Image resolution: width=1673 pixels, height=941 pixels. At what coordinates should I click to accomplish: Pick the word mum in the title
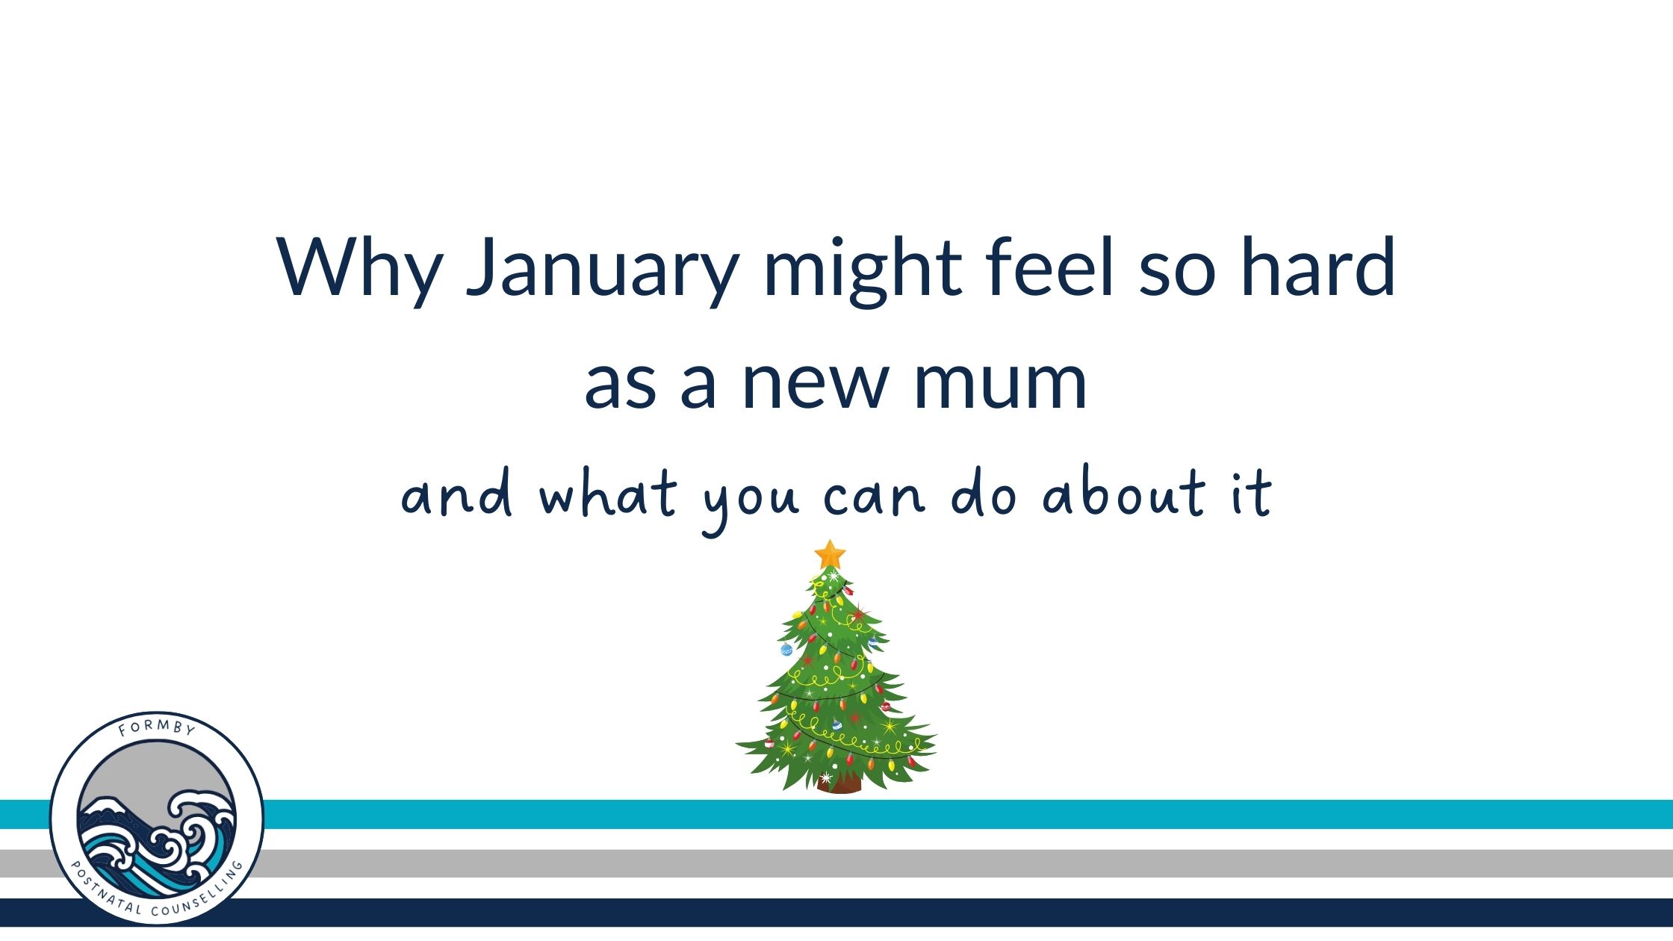coord(1001,384)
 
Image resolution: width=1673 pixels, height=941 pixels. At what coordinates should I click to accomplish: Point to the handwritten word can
coord(875,498)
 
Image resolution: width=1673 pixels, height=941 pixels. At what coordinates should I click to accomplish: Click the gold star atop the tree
coord(830,555)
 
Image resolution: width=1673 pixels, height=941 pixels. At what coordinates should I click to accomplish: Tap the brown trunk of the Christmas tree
coord(839,783)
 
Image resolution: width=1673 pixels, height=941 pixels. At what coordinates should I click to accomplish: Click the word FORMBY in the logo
coord(157,727)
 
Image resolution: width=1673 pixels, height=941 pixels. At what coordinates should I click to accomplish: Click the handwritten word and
coord(457,494)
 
